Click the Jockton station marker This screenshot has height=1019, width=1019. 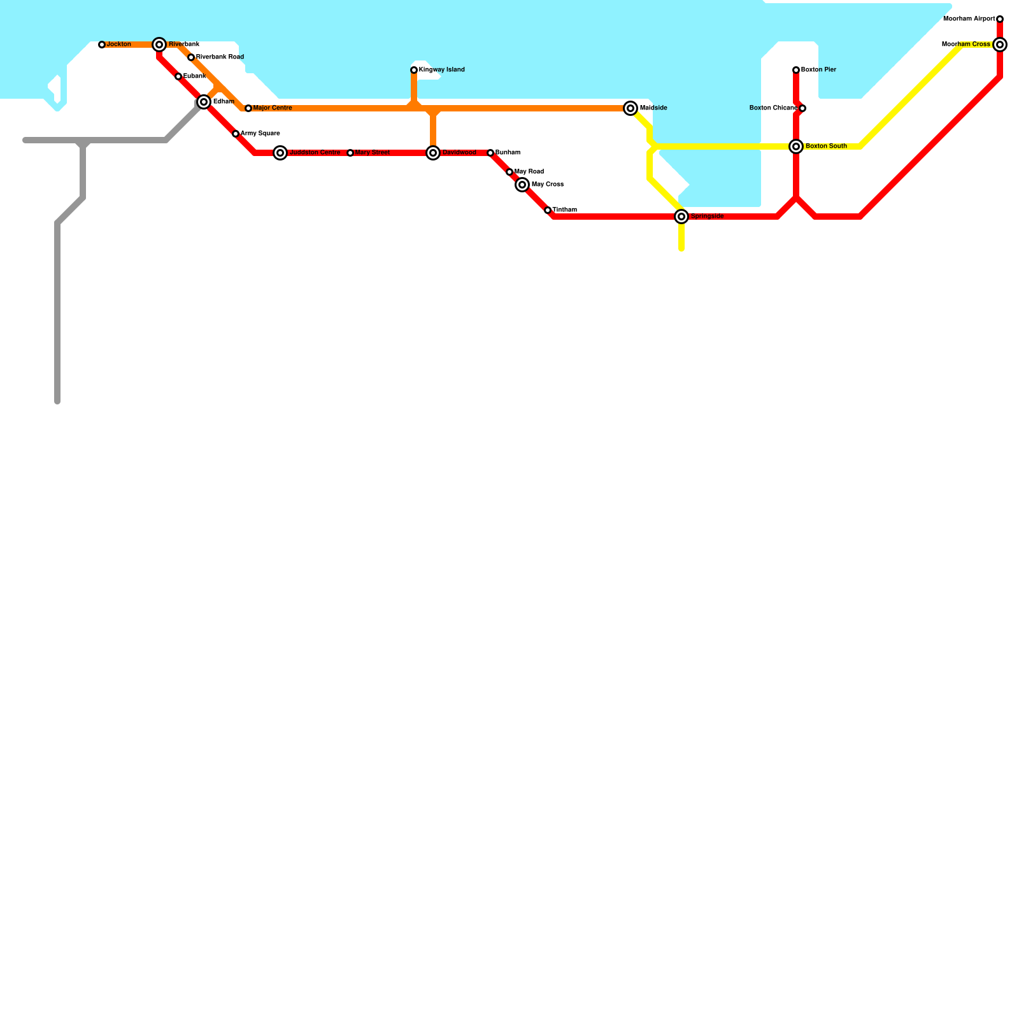pos(102,45)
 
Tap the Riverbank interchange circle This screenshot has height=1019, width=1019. pos(159,45)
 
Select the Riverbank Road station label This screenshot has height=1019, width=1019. pos(220,57)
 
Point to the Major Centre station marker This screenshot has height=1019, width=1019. pos(248,108)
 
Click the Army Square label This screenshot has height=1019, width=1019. pos(260,134)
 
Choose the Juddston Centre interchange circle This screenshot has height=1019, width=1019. pos(280,153)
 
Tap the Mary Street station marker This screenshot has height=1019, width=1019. pos(350,153)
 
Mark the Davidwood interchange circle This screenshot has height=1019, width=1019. pos(433,153)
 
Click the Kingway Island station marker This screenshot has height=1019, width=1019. pos(414,70)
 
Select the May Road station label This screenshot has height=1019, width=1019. pos(529,172)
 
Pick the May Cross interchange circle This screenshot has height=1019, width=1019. pos(522,185)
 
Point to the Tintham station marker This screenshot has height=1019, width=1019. pos(548,210)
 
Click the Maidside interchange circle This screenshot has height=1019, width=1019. pos(631,108)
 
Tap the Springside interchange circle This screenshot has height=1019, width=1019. pos(681,217)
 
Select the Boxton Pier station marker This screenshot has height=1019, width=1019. pos(796,70)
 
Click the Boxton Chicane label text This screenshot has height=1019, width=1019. pos(773,108)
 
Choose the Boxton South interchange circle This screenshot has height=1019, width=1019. pos(796,146)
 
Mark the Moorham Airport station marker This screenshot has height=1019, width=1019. pos(1000,19)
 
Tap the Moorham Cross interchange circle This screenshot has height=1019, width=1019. pos(1000,45)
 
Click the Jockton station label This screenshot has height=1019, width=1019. pos(118,45)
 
